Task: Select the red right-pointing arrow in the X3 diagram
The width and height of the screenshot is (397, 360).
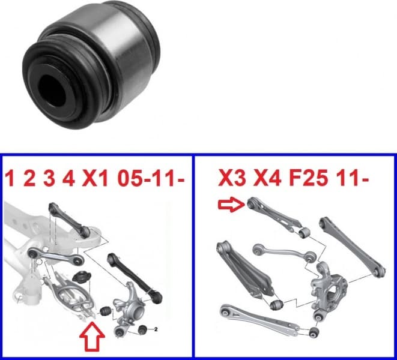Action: (231, 206)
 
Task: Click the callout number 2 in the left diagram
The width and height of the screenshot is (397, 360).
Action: (155, 330)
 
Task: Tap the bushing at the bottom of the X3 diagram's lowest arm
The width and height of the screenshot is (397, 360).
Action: (315, 331)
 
